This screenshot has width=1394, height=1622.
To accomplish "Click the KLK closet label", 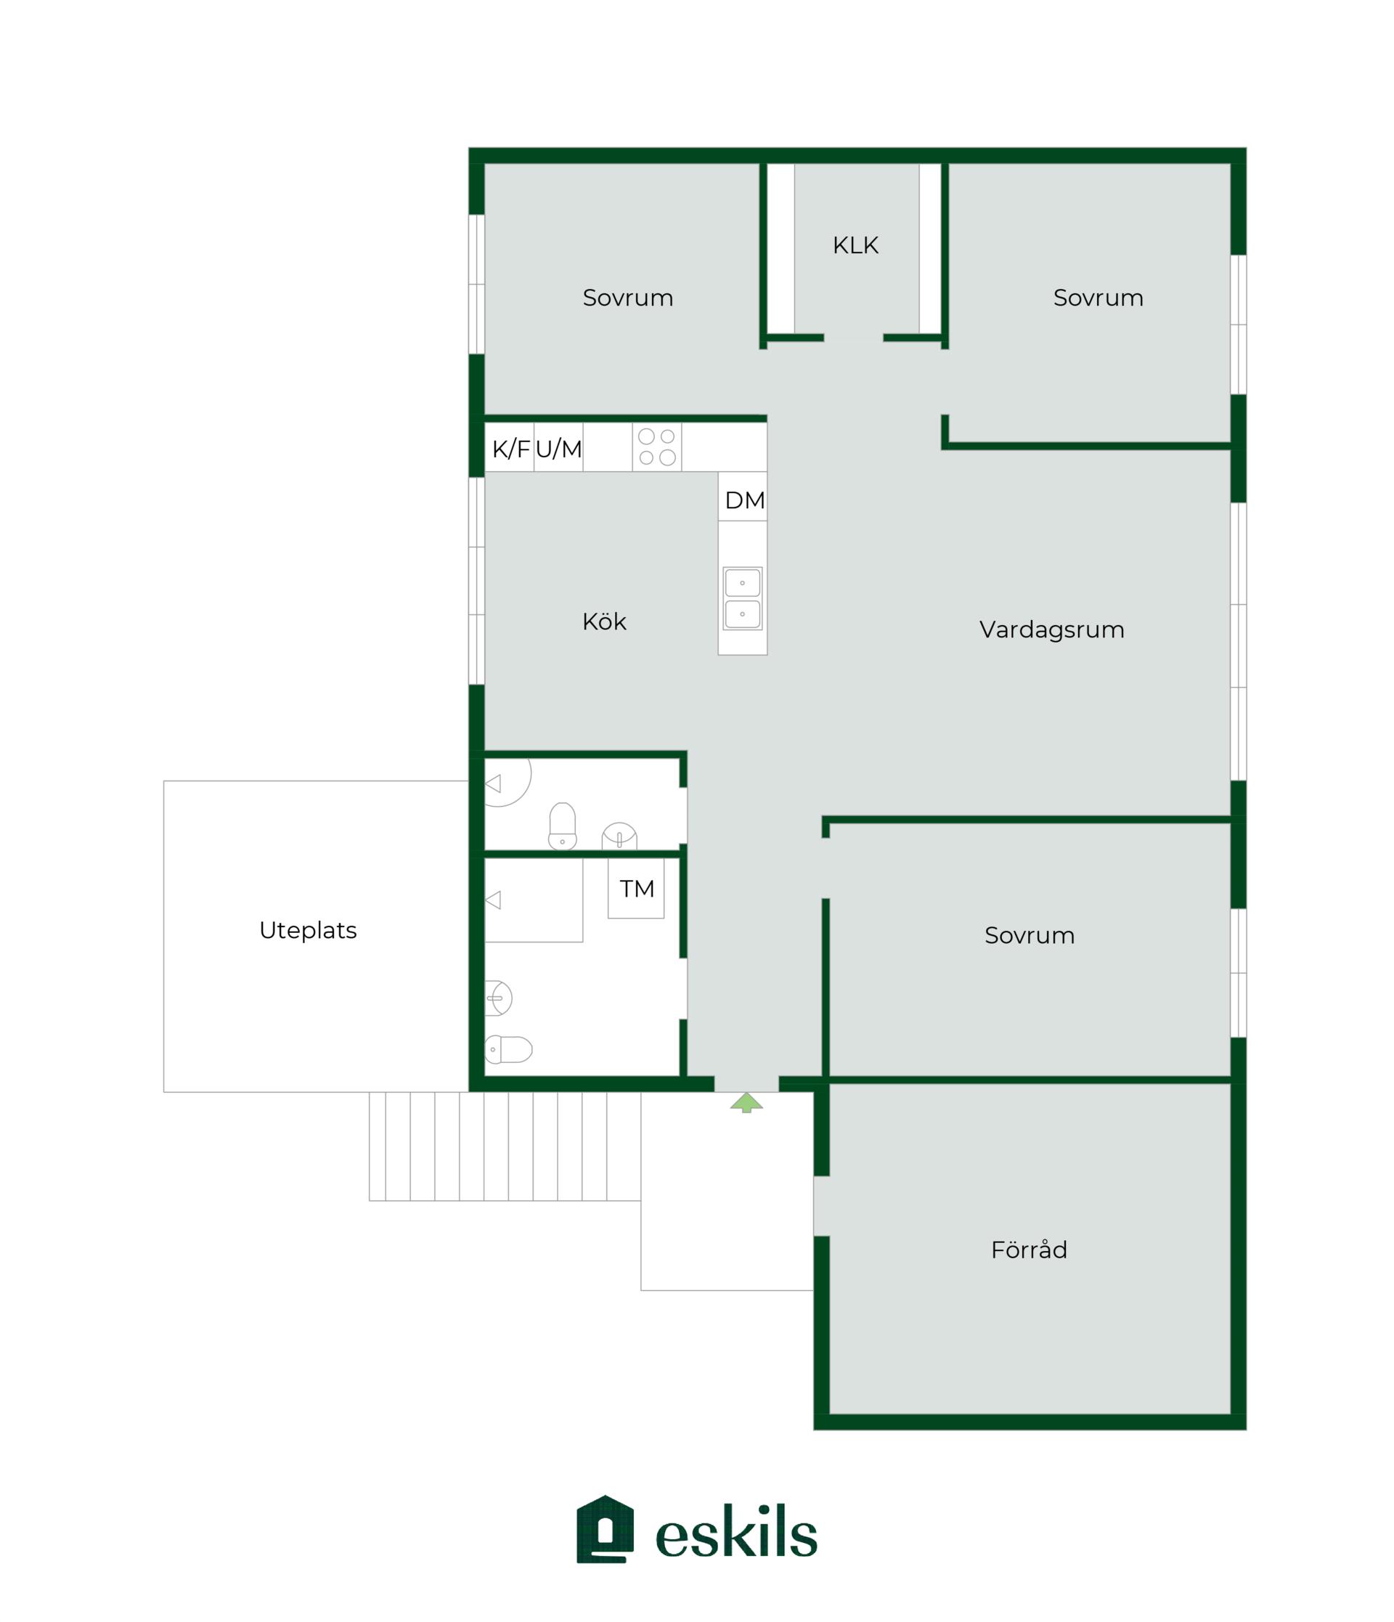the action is tap(855, 245).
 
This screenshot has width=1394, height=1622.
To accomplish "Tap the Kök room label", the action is tap(603, 621).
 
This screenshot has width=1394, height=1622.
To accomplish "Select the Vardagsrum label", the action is tap(1051, 629).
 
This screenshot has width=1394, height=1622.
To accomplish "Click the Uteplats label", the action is tap(308, 929).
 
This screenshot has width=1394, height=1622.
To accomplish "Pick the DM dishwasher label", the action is tap(744, 500).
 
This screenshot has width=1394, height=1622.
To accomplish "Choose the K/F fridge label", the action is tap(510, 449).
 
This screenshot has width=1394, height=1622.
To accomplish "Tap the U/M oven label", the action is tap(558, 449).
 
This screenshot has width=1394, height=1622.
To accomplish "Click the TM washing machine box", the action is tap(635, 888).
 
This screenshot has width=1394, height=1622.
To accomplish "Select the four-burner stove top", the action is tap(656, 447).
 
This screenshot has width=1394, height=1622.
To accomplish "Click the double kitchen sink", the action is tap(742, 598).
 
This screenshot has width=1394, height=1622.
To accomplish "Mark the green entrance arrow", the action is tap(746, 1102).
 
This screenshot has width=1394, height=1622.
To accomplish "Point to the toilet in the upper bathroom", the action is tap(562, 826).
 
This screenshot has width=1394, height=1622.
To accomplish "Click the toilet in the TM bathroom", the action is tap(508, 1049).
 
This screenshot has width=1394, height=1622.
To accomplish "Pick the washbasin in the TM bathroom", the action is tap(498, 998).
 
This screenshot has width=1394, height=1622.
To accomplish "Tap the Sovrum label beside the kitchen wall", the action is tap(628, 298).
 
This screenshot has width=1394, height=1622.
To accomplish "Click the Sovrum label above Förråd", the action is tap(1029, 934).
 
